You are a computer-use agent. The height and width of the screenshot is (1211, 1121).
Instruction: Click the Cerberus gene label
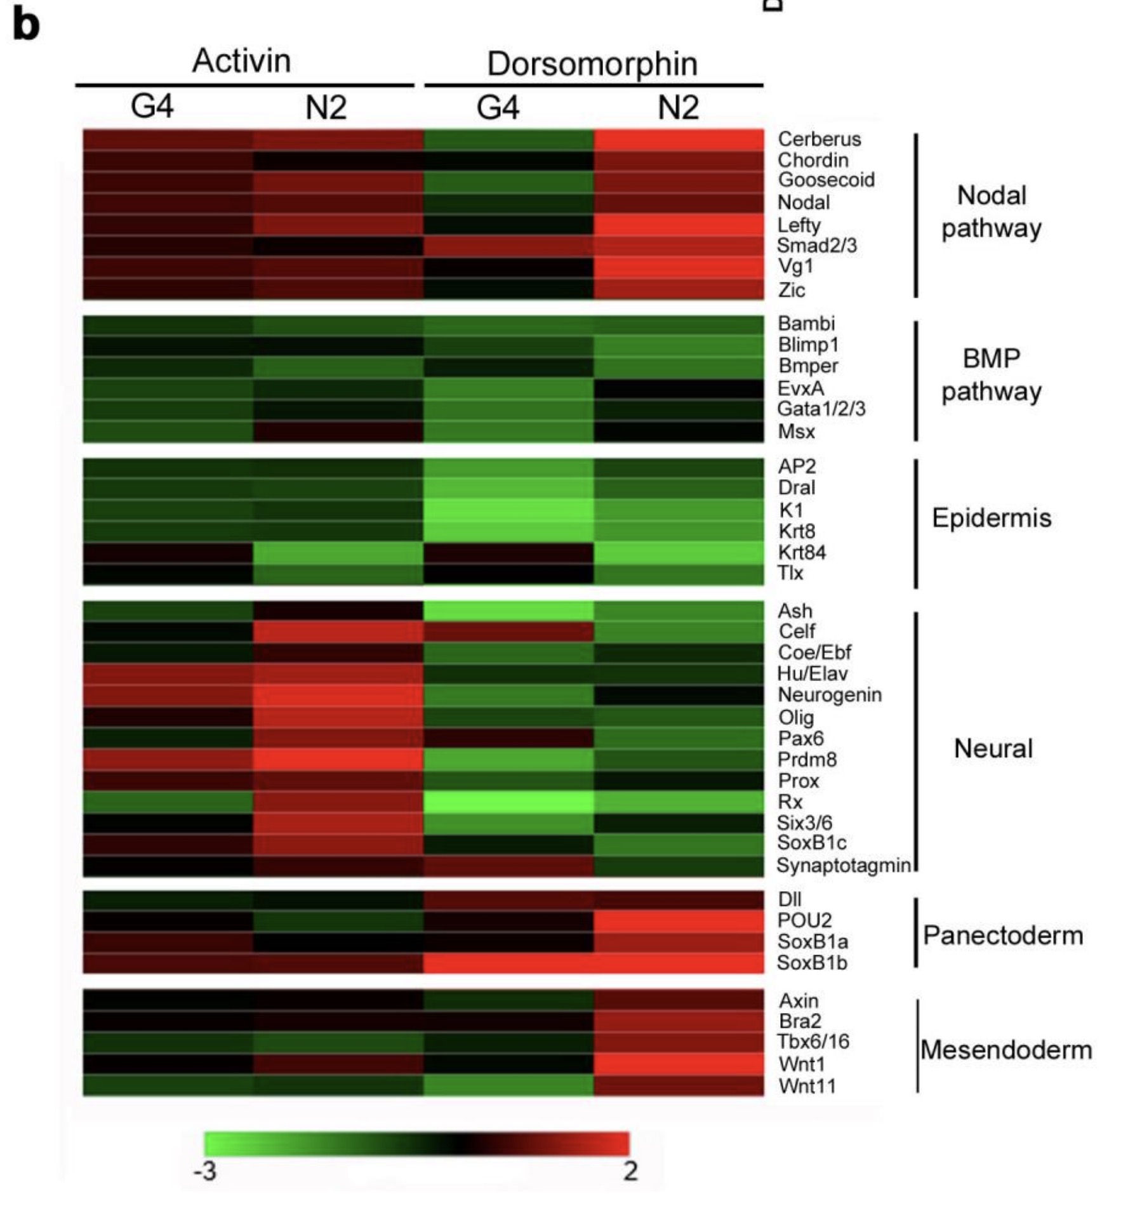tap(819, 139)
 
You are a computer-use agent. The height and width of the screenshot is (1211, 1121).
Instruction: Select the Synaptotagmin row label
tap(844, 865)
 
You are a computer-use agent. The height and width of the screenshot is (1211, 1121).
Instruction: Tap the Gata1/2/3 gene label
tap(821, 409)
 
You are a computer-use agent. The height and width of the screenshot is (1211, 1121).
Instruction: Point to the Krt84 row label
tap(802, 552)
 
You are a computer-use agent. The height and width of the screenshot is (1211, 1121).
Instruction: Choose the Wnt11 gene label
tap(807, 1086)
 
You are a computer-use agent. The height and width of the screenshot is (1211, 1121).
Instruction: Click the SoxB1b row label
tap(812, 963)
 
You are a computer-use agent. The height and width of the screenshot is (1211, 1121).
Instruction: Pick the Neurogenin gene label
tap(830, 695)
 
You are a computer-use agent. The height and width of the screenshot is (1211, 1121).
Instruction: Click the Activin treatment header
tap(241, 61)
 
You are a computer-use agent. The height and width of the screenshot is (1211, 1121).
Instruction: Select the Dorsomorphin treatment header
tap(592, 64)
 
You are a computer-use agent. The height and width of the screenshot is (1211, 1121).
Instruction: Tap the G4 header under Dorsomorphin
tap(498, 107)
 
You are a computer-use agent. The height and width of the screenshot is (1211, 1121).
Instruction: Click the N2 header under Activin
tap(326, 107)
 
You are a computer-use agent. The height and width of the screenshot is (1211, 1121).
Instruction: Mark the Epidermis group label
tap(992, 519)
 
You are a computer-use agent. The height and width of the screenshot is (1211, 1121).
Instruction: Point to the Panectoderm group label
tap(1003, 936)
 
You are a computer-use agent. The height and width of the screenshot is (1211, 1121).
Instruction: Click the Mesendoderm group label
tap(1006, 1050)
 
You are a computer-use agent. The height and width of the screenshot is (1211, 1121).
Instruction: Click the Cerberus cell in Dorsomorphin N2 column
tap(679, 140)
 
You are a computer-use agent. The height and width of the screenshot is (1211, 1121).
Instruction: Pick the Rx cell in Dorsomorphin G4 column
tap(508, 802)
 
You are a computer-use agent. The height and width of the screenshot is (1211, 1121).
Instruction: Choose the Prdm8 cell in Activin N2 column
tap(338, 760)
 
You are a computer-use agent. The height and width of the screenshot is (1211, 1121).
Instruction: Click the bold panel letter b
tap(26, 25)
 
